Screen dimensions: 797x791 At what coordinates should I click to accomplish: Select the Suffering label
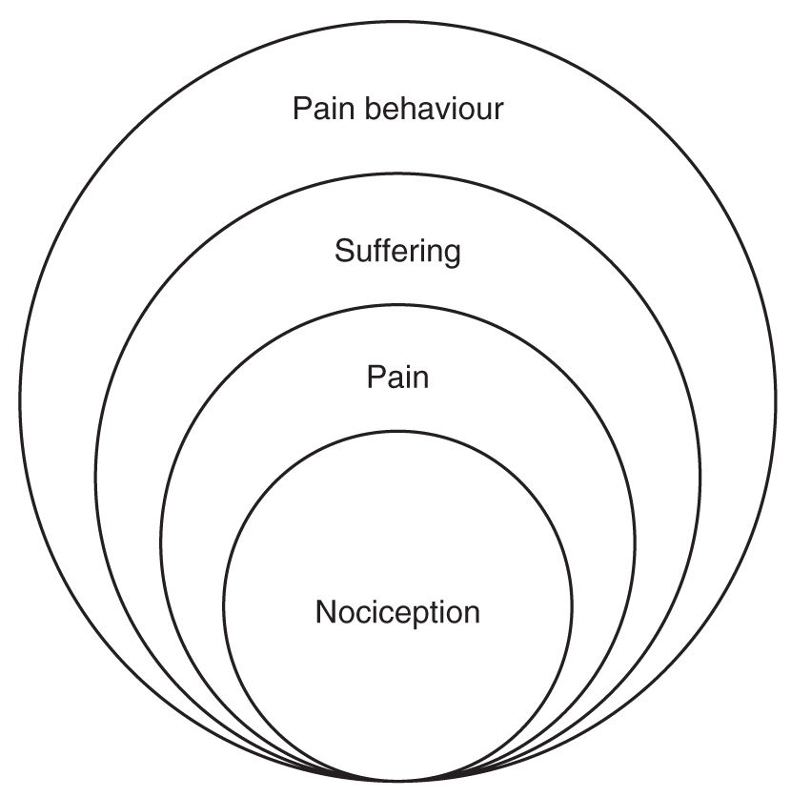(397, 253)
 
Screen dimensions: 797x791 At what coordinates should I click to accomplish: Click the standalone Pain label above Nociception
(397, 378)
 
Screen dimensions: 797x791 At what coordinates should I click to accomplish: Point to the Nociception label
(397, 612)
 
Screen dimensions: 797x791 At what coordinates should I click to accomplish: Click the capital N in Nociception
(325, 612)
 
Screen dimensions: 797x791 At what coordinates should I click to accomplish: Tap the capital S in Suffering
(343, 252)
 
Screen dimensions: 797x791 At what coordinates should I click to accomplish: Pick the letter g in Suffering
(452, 255)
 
